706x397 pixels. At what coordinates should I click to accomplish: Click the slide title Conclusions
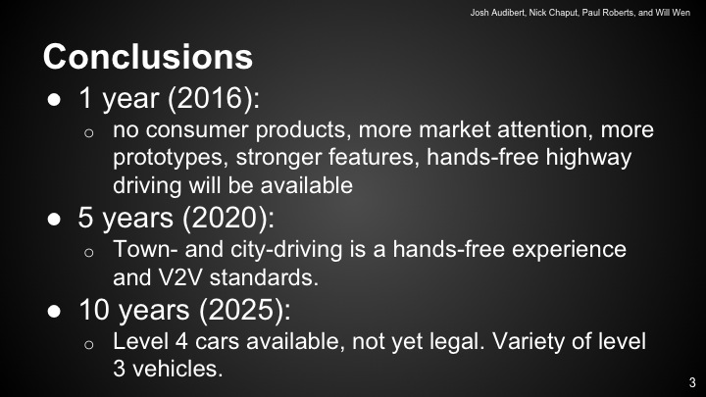pyautogui.click(x=147, y=56)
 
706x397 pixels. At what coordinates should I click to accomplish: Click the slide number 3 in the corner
pyautogui.click(x=692, y=382)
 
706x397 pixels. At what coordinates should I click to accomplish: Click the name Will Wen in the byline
pyautogui.click(x=673, y=12)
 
